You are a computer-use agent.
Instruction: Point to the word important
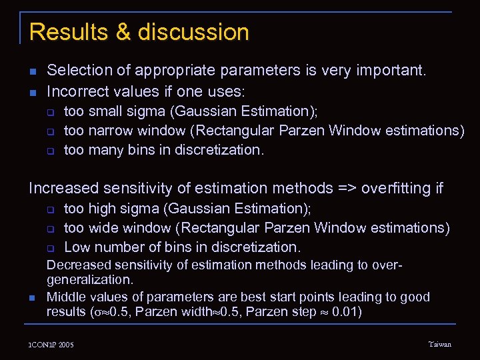(389, 70)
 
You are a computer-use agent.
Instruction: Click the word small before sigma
(105, 111)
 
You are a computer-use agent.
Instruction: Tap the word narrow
(111, 130)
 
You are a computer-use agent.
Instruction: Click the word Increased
(61, 188)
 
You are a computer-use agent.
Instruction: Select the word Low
(77, 247)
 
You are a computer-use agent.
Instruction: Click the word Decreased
(79, 265)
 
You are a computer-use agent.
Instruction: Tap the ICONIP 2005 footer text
(51, 345)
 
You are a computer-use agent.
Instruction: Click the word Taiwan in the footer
(439, 344)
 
